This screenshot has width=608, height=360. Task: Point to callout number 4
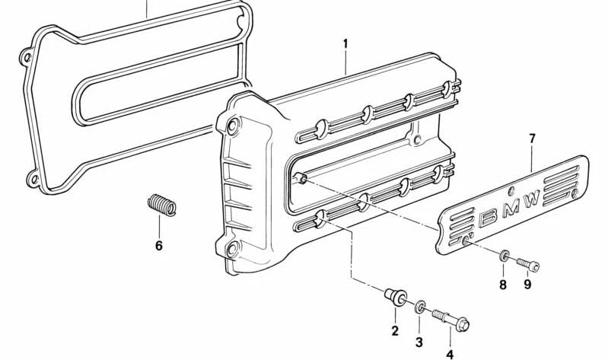coord(450,353)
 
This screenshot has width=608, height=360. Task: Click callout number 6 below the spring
coord(159,246)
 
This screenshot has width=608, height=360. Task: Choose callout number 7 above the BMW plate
coord(532,139)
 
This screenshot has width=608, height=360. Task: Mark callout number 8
coord(501,285)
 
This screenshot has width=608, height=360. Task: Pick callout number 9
coord(527,285)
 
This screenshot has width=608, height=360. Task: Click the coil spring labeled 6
coord(161,205)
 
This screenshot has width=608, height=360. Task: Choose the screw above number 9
coord(527,263)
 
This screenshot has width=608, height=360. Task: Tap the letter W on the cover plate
coord(531,200)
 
